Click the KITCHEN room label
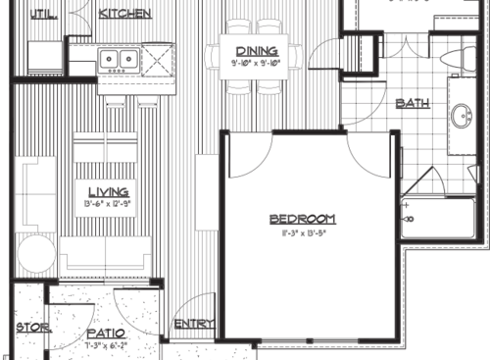pos(124,14)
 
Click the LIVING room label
pos(108,192)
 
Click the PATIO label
pos(105,334)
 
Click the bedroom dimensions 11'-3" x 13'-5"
pos(303,232)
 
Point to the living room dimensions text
pos(108,204)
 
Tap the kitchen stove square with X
pos(156,60)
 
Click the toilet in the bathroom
pos(457,56)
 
